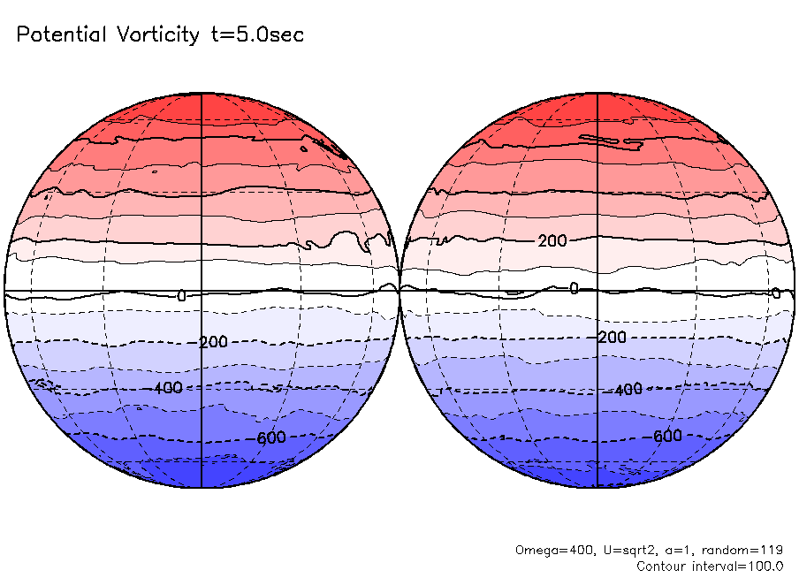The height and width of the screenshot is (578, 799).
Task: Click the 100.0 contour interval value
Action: coord(764,566)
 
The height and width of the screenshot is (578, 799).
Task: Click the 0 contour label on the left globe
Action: coord(181,296)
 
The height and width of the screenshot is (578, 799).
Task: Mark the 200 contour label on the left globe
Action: coord(213,342)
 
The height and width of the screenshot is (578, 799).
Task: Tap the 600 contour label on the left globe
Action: coord(268,437)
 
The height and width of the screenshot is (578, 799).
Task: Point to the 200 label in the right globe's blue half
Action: coord(612,338)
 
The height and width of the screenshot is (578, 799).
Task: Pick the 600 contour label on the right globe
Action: coord(666,436)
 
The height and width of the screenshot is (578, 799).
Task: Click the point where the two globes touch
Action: coord(399,289)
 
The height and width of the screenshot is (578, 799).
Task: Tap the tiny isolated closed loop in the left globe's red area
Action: coord(154,172)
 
